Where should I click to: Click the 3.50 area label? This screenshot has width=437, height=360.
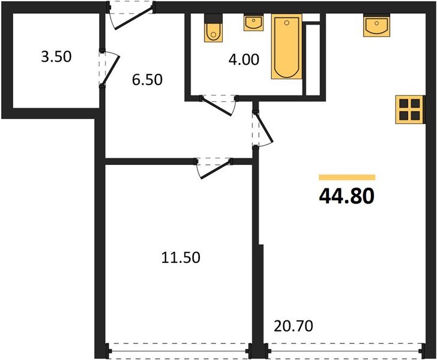[x=55, y=58]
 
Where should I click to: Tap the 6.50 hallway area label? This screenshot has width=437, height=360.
[x=147, y=79]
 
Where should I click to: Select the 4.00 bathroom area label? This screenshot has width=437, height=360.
[x=244, y=60]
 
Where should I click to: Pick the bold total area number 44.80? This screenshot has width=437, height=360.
[x=347, y=196]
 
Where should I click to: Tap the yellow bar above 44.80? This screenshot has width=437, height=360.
[x=347, y=178]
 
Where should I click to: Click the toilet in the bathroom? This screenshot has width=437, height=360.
[x=213, y=29]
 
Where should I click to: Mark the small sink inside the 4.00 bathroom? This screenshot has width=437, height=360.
[x=253, y=23]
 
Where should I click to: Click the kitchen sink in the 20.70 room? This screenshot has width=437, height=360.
[x=376, y=26]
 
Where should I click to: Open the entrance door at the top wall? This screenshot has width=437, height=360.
[x=130, y=16]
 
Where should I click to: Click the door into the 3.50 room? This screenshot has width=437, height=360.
[x=109, y=68]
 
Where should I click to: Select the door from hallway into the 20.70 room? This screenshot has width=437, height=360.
[x=261, y=128]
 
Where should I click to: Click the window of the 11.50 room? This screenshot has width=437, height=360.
[x=177, y=349]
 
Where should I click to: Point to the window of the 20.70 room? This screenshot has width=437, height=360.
[x=342, y=349]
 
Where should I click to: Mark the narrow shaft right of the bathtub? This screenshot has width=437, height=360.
[x=312, y=59]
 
